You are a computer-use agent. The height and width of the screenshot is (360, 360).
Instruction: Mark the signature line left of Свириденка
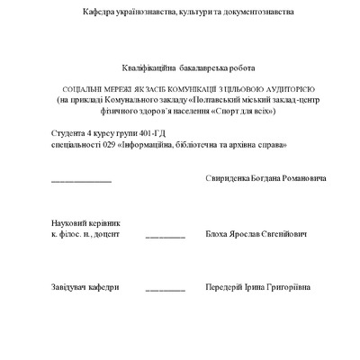[81, 181]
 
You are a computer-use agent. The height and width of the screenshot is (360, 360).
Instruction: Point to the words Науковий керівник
[85, 221]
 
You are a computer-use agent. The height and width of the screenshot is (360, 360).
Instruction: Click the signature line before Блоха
[165, 236]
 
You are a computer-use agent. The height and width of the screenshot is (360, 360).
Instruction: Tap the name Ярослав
[245, 233]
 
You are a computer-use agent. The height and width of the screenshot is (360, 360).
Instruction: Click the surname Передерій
[226, 287]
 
